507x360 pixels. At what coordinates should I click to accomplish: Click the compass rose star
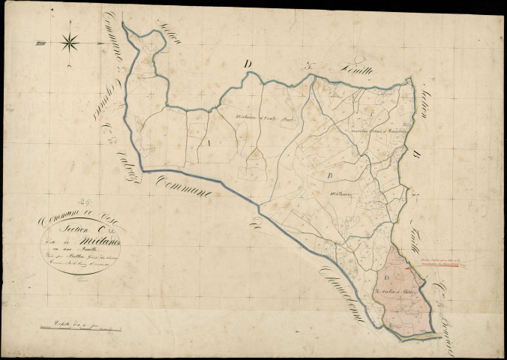pyautogui.click(x=70, y=42)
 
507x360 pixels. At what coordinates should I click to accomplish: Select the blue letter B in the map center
pyautogui.click(x=330, y=175)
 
